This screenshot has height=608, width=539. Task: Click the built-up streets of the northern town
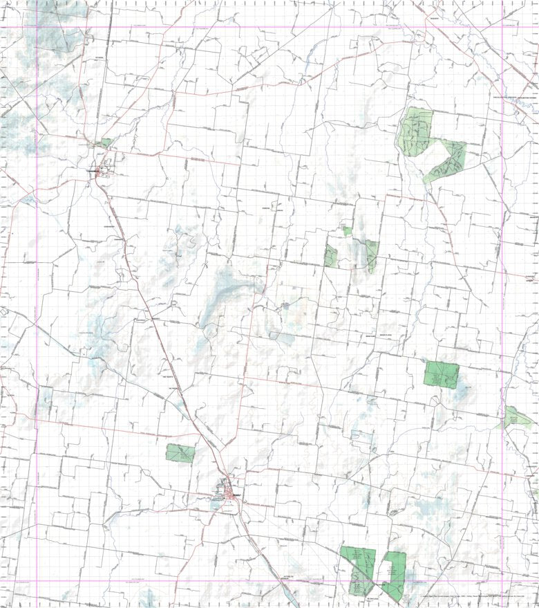tap(102, 168)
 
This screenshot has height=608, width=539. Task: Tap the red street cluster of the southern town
tap(230, 493)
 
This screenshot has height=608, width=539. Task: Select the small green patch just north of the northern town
tap(105, 142)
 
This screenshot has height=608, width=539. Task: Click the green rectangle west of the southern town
tap(180, 453)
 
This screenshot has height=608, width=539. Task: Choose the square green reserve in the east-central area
tap(442, 374)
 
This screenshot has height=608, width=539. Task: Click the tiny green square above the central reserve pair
tap(347, 231)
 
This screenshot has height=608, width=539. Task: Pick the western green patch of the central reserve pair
tap(331, 256)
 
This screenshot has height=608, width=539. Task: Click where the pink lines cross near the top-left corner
tap(36, 28)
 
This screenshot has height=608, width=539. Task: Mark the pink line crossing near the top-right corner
tap(503, 28)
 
